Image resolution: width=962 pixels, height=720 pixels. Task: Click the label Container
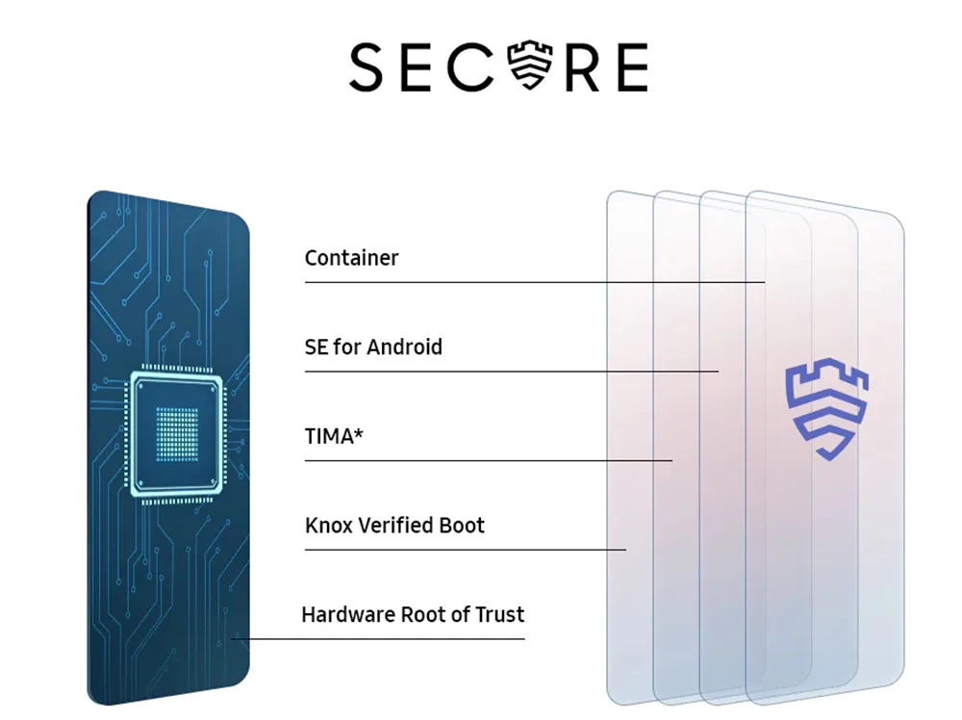click(x=351, y=258)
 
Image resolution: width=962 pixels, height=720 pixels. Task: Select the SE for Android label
click(x=373, y=347)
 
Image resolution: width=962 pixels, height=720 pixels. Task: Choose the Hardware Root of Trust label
click(x=413, y=614)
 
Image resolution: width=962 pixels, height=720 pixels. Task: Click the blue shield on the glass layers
click(x=819, y=410)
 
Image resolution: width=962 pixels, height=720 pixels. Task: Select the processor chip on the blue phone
click(x=176, y=437)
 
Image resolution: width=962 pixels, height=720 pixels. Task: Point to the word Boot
click(x=463, y=526)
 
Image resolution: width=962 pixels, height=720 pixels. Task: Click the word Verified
click(x=397, y=526)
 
